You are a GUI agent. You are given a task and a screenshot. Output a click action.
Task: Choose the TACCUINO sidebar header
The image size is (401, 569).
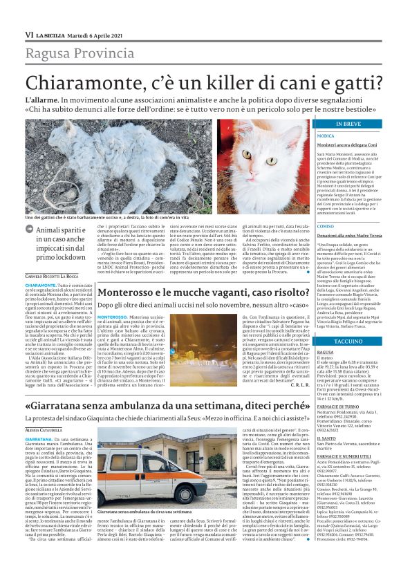click(x=348, y=342)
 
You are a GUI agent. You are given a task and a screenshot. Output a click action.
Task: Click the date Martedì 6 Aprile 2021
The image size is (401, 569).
click(x=97, y=35)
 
